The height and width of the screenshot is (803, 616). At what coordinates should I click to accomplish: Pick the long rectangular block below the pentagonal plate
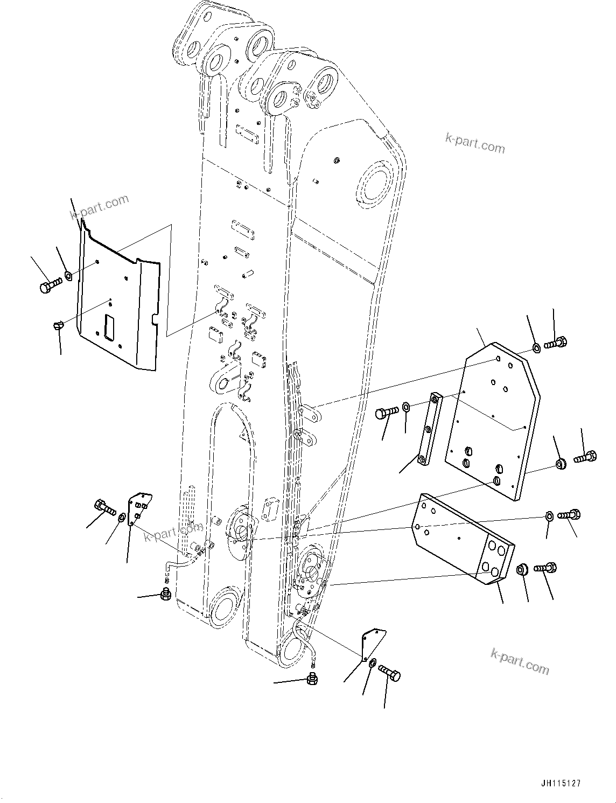coord(462,539)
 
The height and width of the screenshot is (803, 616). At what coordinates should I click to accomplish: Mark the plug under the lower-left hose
coord(166,595)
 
